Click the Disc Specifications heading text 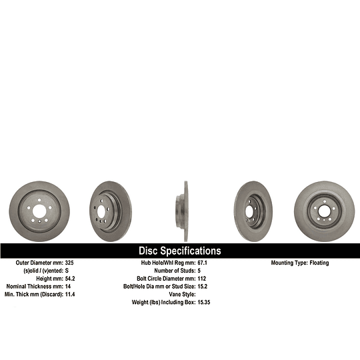point(180,251)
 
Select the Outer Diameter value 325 point(69,263)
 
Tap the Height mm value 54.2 point(70,279)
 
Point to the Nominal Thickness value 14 point(68,286)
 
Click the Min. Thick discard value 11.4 point(70,294)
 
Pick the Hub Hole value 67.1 point(202,263)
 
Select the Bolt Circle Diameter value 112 point(202,279)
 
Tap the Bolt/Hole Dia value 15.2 point(203,286)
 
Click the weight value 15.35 point(204,302)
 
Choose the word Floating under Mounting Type point(319,263)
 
